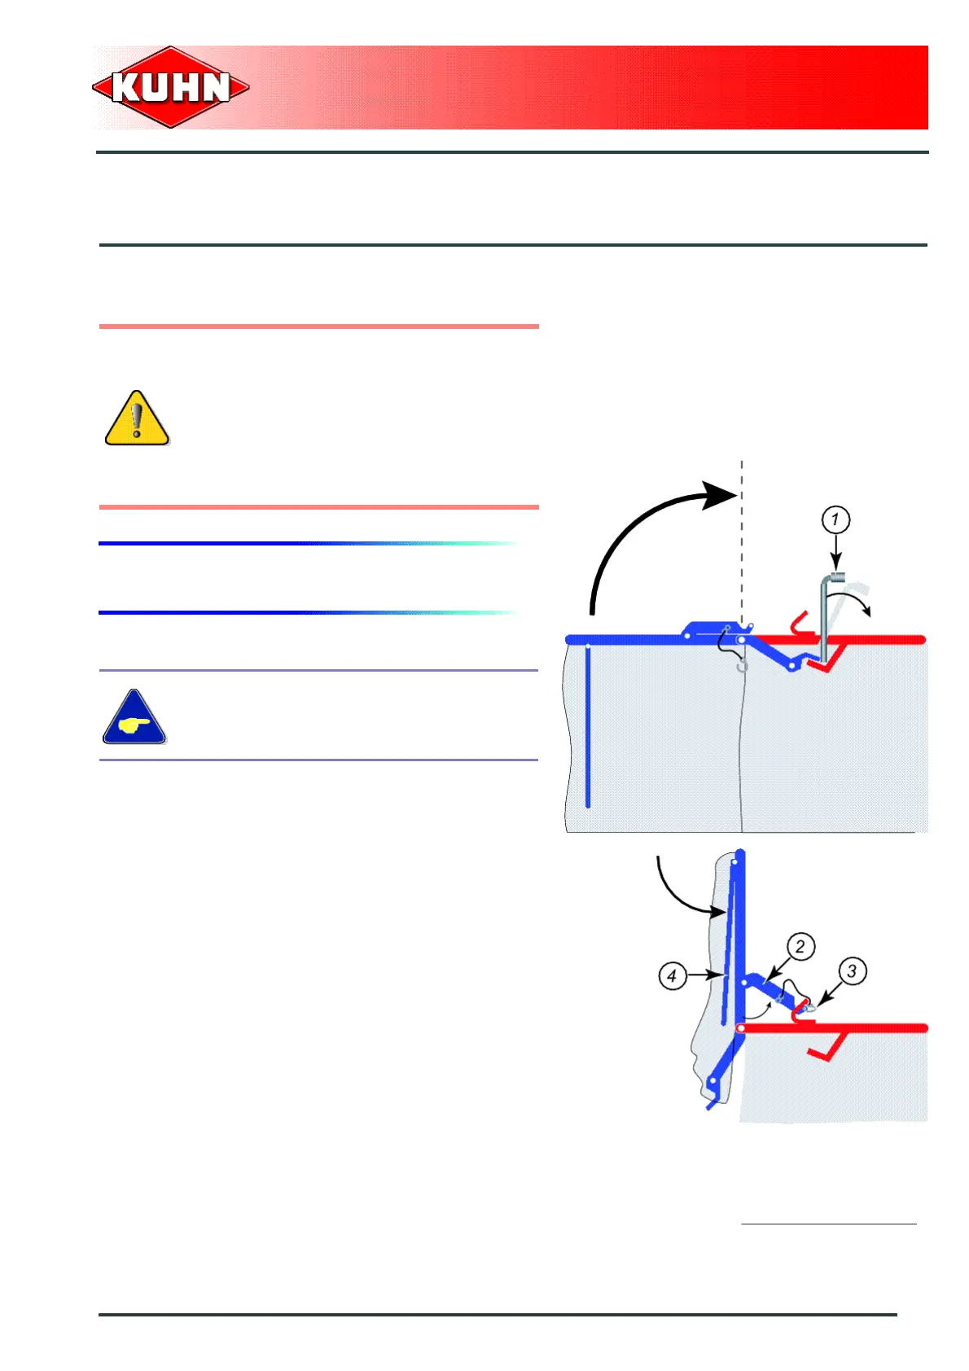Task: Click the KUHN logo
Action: (171, 87)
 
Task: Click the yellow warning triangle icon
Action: (137, 419)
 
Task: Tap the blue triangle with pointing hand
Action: (134, 719)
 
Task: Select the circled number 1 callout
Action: (835, 519)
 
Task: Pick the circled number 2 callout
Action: (800, 946)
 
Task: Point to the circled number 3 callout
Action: (852, 970)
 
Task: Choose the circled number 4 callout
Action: (672, 975)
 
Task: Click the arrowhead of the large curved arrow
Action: (721, 495)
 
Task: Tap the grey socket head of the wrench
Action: (836, 577)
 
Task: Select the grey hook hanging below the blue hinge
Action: (742, 666)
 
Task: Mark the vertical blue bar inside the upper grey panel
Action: (588, 725)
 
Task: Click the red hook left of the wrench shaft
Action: (798, 624)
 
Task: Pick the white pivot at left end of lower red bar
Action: (740, 1028)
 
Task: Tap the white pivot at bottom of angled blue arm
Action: (713, 1081)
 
